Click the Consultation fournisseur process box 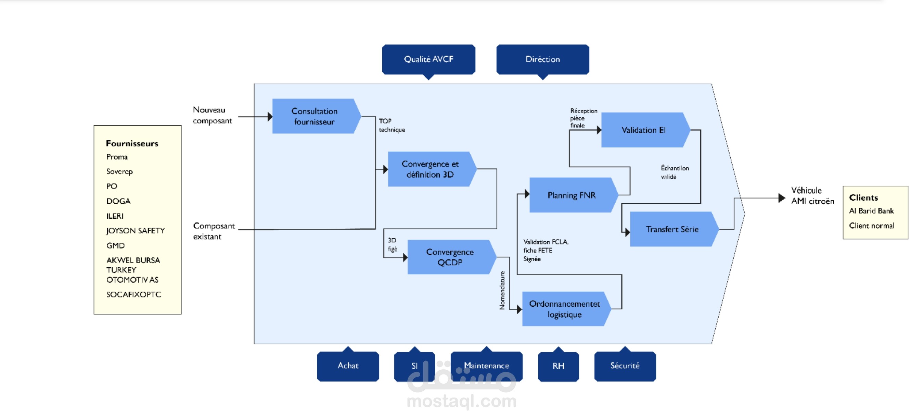314,116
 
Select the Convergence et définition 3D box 430,169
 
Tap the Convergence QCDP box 449,257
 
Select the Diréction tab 542,59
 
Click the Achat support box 348,366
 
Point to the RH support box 558,366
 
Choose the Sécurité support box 625,366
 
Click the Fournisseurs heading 132,143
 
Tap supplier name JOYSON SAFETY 135,231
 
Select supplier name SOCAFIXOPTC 133,294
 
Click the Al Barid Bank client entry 871,211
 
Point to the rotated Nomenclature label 502,290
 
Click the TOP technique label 392,125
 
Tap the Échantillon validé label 674,172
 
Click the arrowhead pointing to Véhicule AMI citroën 782,198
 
